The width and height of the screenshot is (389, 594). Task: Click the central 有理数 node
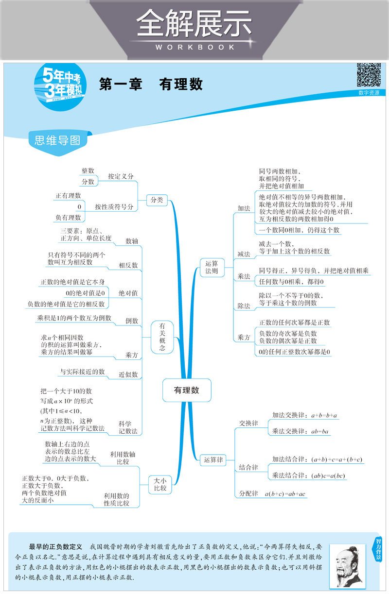tap(187, 390)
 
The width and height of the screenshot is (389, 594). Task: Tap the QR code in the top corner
tap(369, 75)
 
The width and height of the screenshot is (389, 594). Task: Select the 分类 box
tap(157, 200)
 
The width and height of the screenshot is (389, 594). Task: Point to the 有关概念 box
tap(162, 336)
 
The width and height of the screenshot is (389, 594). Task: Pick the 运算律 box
tap(213, 459)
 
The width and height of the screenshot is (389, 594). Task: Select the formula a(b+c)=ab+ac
tap(285, 494)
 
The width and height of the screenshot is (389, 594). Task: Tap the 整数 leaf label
tap(88, 170)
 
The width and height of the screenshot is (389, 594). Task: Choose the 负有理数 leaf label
tap(68, 218)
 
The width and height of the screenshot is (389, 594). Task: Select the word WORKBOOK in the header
tap(194, 47)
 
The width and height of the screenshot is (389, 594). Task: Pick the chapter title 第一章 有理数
tap(151, 85)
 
